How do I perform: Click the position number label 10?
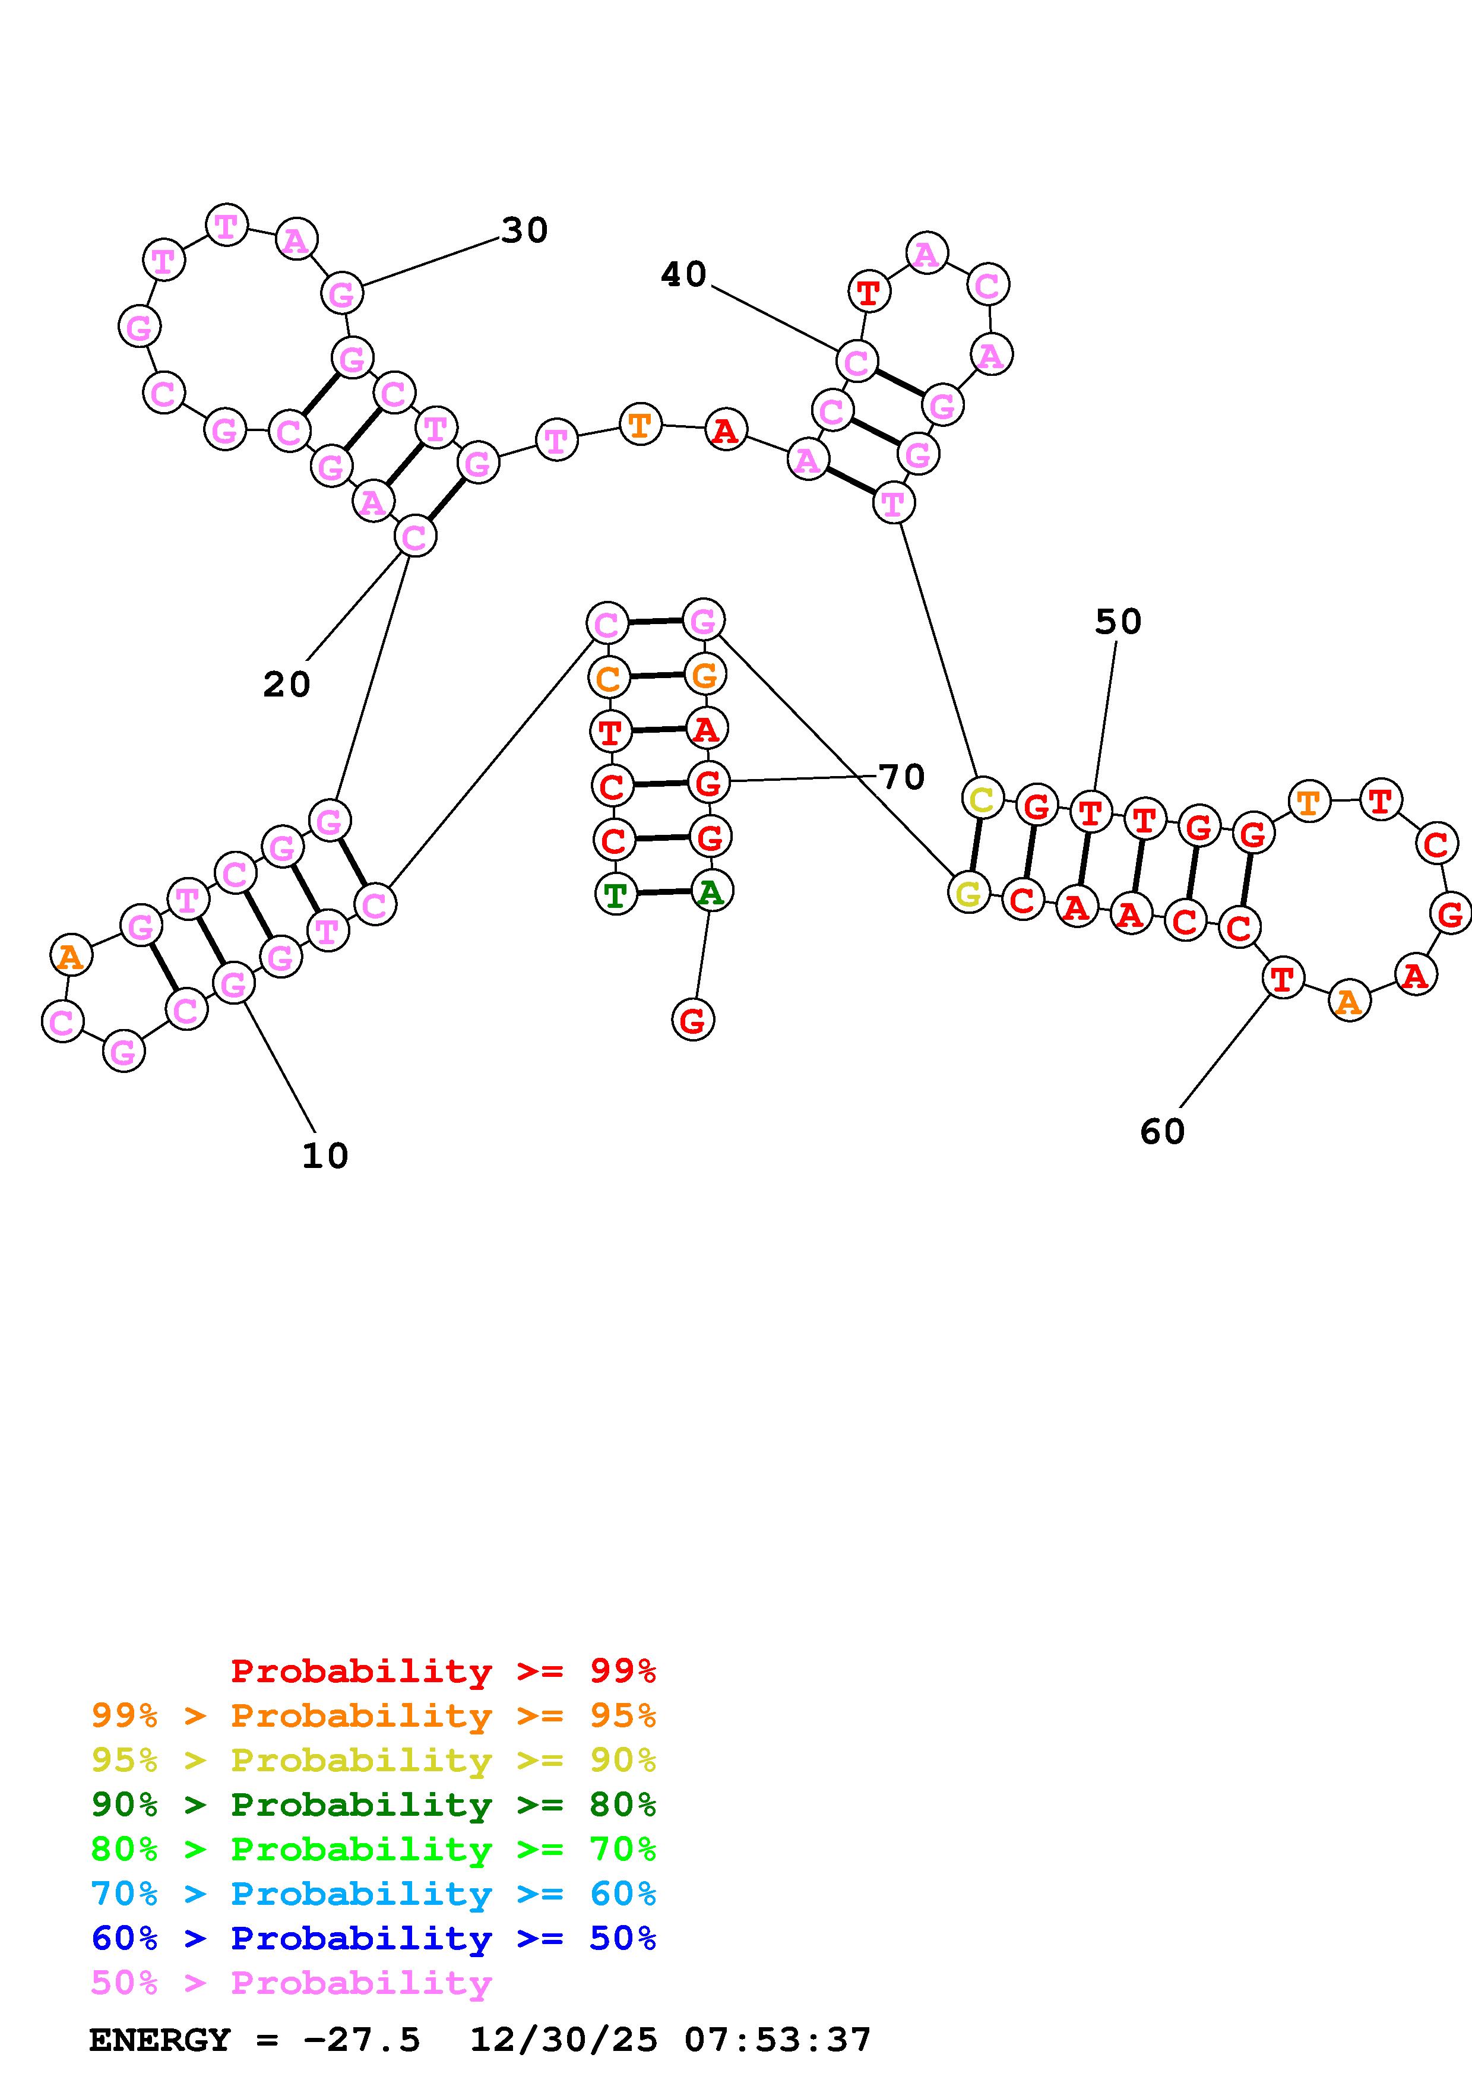pos(325,1156)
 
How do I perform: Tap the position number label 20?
pos(287,684)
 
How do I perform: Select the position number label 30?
pos(524,230)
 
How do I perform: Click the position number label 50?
pos(1118,622)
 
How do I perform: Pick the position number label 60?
pos(1162,1131)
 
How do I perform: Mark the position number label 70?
pos(901,777)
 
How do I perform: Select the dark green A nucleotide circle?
pos(711,892)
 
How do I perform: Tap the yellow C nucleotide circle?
pos(982,799)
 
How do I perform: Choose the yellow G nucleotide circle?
pos(968,892)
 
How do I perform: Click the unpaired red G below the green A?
pos(693,1021)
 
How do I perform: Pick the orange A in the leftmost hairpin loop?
pos(71,956)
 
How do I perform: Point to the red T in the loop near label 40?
pos(869,292)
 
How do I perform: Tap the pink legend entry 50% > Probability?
pos(290,1983)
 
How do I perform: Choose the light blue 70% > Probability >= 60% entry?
pos(373,1894)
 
